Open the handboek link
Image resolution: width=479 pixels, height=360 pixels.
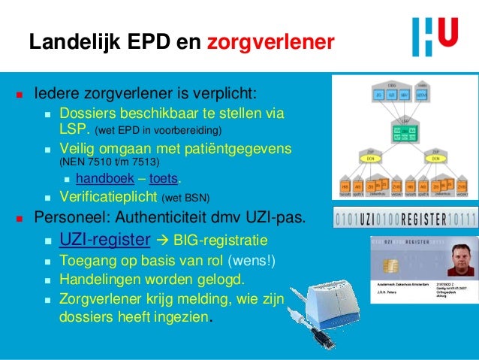[x=99, y=179]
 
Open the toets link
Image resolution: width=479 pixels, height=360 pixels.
[x=164, y=179]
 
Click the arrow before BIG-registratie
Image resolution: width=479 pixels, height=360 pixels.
[x=161, y=241]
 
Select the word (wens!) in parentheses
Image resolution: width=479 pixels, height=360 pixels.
[x=253, y=262]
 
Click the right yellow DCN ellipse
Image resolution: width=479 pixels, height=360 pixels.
[x=436, y=160]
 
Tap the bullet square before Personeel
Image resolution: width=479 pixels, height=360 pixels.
[x=18, y=219]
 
